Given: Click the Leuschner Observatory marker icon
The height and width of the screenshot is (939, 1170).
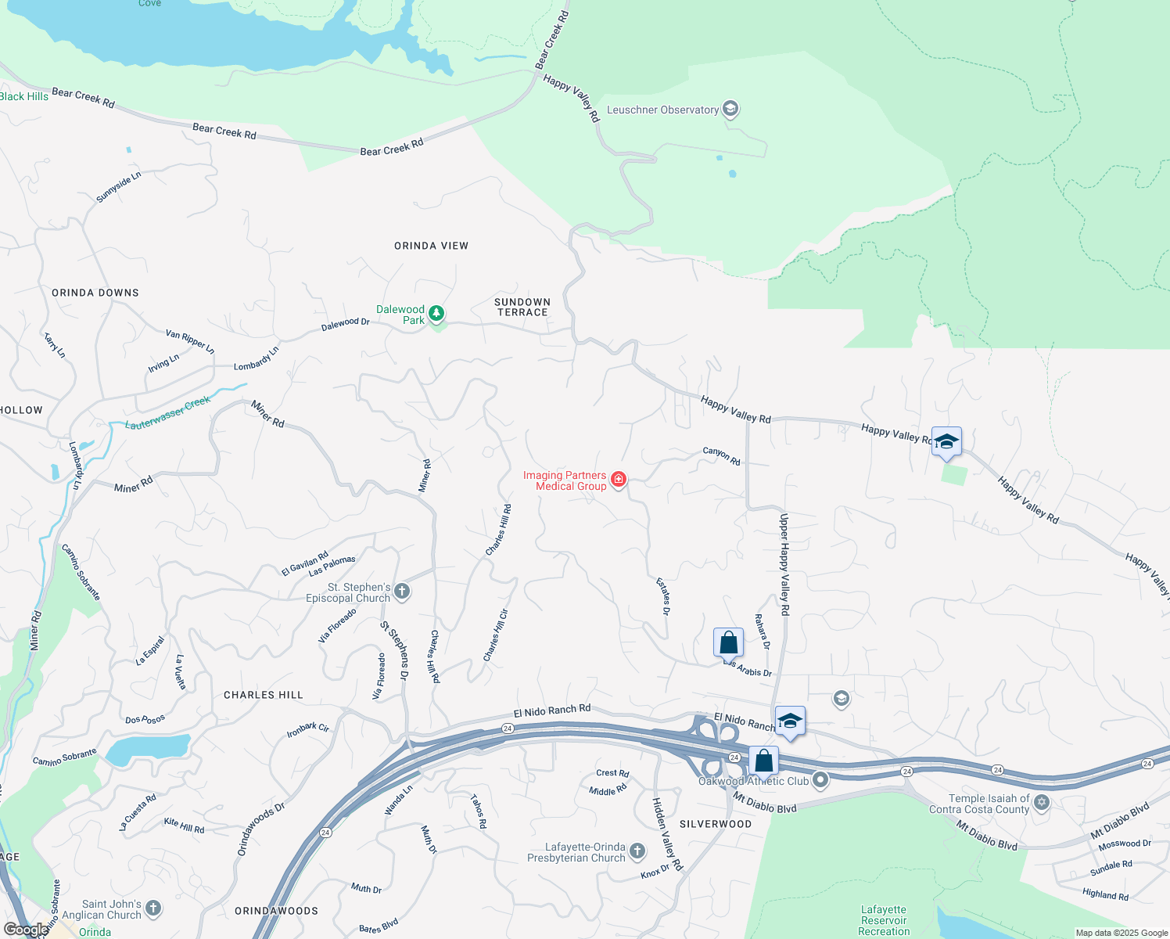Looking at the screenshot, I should click(x=730, y=109).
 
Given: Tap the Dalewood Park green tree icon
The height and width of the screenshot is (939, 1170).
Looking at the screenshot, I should click(x=436, y=314).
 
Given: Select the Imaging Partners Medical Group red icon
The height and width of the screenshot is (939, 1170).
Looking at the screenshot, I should click(x=619, y=480).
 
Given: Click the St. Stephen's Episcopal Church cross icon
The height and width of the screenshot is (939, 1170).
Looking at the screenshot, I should click(x=402, y=592).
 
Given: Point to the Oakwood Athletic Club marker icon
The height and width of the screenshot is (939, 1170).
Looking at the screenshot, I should click(x=820, y=779).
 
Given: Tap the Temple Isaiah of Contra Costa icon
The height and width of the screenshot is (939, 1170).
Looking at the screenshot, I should click(x=1042, y=802).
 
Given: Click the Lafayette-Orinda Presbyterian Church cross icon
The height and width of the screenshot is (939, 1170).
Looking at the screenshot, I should click(x=637, y=851).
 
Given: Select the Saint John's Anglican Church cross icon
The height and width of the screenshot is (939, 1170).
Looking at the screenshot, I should click(x=153, y=908).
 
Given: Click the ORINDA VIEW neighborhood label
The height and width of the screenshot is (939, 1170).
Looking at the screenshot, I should click(x=431, y=246).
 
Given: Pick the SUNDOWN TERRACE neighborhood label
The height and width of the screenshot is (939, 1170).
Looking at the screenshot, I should click(x=522, y=307).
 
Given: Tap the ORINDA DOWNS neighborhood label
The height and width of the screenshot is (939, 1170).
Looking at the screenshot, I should click(x=95, y=293).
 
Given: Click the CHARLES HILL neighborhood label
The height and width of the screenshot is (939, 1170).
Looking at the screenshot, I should click(x=263, y=695).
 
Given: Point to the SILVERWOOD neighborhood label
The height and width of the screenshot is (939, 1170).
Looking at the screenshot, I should click(x=715, y=824).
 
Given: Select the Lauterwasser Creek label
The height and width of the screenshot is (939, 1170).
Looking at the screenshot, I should click(x=168, y=412).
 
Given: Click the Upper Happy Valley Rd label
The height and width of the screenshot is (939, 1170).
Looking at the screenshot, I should click(x=784, y=563).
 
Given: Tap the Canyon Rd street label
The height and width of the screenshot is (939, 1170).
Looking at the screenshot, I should click(x=721, y=455).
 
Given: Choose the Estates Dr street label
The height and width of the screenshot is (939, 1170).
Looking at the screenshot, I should click(x=663, y=596).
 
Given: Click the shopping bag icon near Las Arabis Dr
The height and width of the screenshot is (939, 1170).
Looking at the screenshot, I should click(x=728, y=642).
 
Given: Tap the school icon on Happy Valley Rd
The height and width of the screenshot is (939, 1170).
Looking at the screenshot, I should click(x=946, y=442).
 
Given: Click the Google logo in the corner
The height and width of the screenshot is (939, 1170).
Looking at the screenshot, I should click(x=25, y=930).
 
